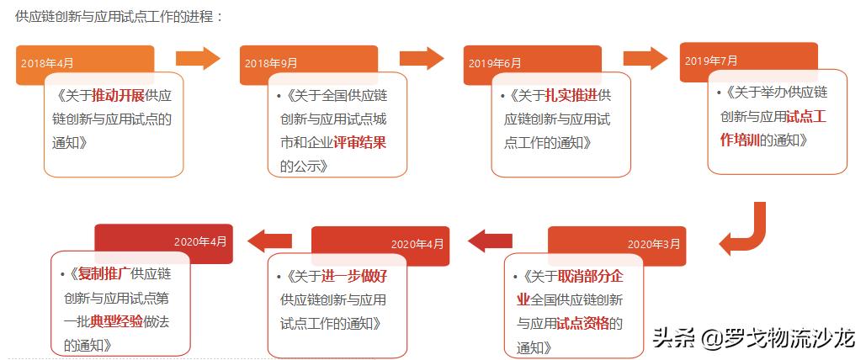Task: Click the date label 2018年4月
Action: coord(47,63)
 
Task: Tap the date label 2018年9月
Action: coord(271,63)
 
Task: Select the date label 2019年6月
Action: coord(495,63)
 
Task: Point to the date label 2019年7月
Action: coord(711,61)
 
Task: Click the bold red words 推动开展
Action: coord(119,95)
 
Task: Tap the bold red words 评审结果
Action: coord(359,142)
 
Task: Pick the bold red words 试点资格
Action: coord(583,323)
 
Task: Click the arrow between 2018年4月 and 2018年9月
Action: coord(198,58)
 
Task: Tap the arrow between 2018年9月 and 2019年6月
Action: coord(422,58)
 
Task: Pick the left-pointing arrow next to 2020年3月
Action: coord(490,241)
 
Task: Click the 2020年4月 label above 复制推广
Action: coord(200,241)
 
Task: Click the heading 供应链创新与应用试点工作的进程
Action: coord(118,16)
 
